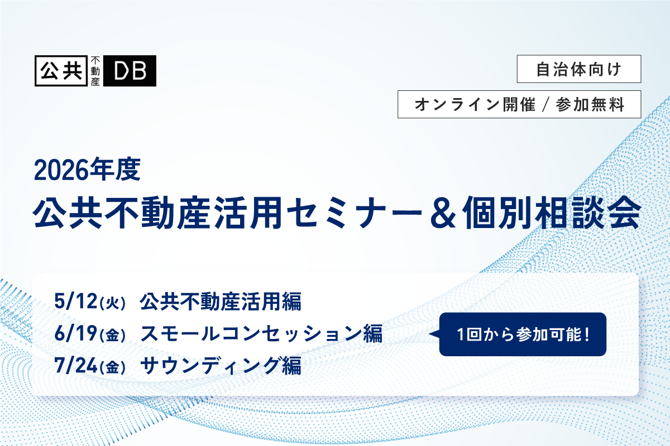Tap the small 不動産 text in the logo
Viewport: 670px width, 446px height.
(95, 71)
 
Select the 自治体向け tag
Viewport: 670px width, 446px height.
(578, 69)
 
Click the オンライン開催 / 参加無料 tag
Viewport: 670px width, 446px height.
(519, 104)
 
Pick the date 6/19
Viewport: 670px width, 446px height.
(75, 334)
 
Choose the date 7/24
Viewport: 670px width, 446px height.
(75, 366)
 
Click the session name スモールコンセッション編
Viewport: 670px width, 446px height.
(261, 334)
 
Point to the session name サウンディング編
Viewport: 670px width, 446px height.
(221, 366)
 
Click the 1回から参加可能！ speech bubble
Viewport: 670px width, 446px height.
(523, 334)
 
